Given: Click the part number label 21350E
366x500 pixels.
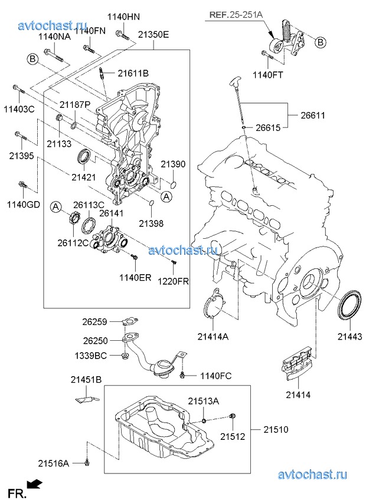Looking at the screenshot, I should tap(153, 35).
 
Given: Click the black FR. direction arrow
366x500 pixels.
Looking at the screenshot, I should tap(35, 483).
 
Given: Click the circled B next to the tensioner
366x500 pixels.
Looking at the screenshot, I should tap(321, 42).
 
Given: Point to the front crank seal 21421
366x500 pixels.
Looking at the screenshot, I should tap(84, 157).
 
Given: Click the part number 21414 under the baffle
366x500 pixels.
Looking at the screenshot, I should tap(298, 393).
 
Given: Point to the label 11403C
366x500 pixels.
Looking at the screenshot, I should tap(19, 109).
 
